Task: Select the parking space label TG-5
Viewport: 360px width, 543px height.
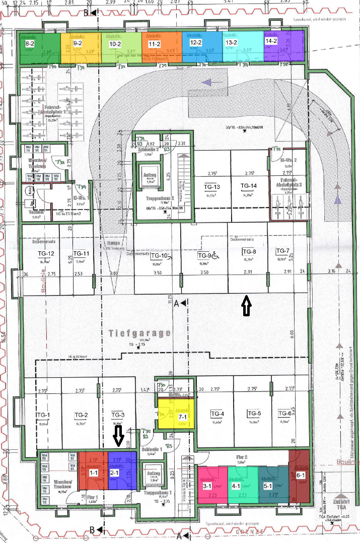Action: click(x=254, y=414)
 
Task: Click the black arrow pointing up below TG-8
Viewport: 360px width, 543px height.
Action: click(x=246, y=306)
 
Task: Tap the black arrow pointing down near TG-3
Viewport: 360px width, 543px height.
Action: click(x=118, y=436)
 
